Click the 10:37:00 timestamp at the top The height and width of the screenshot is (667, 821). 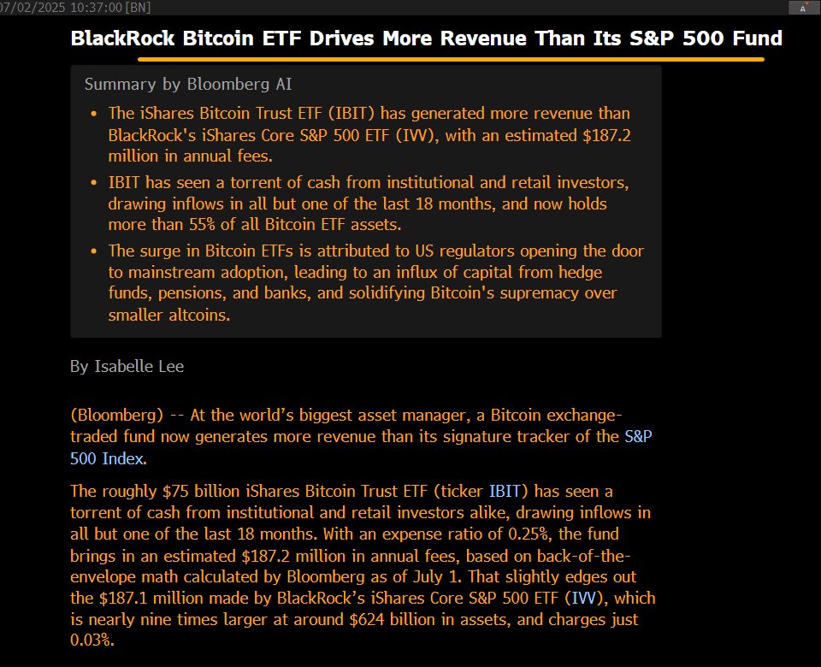coord(93,7)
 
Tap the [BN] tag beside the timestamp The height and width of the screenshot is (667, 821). coord(137,7)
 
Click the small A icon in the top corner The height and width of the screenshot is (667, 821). coord(802,8)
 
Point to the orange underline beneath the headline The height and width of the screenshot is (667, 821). coord(451,60)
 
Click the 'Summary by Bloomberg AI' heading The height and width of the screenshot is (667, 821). coord(188,84)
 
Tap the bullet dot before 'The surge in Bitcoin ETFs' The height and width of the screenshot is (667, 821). coord(93,251)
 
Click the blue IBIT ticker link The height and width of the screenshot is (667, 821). coord(505,491)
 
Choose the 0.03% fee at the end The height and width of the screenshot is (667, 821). coord(92,640)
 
